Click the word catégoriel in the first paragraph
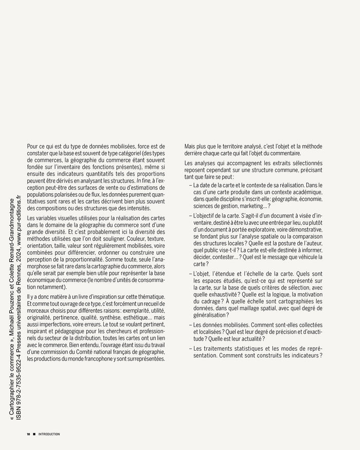[115, 154]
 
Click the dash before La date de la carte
[190, 184]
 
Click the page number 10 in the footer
[29, 434]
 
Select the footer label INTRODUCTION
[49, 434]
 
